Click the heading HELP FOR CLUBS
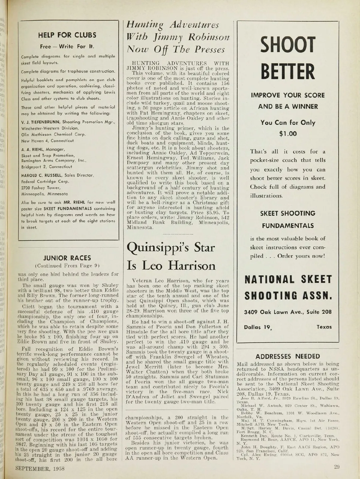point(67,35)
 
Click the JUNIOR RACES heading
point(67,258)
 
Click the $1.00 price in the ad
point(288,133)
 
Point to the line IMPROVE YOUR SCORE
point(288,95)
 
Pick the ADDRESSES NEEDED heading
point(288,356)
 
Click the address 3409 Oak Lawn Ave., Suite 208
point(288,312)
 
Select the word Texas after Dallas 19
point(324,327)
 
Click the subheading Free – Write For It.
point(67,46)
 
